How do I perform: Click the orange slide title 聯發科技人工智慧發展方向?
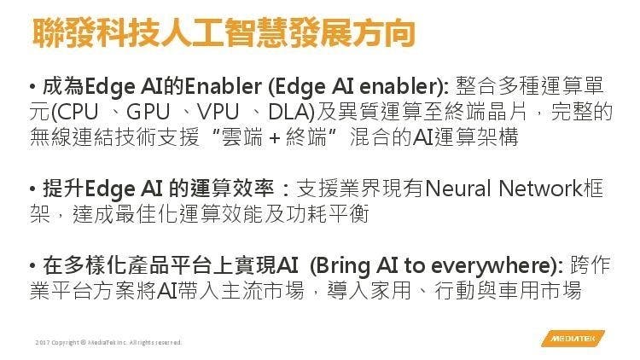coord(224,32)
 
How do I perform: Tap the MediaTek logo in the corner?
coord(573,339)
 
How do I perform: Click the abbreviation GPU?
coord(148,112)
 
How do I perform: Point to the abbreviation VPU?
coord(218,112)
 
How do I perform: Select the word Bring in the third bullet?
coord(343,266)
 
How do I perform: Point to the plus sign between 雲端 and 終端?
coord(275,138)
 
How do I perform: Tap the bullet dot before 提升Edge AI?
coord(32,189)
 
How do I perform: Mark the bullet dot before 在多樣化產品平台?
coord(32,266)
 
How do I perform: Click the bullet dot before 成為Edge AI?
coord(32,87)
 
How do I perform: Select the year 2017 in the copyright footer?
coord(42,342)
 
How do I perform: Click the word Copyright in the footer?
coord(65,342)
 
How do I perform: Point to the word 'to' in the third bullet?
coord(415,266)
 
